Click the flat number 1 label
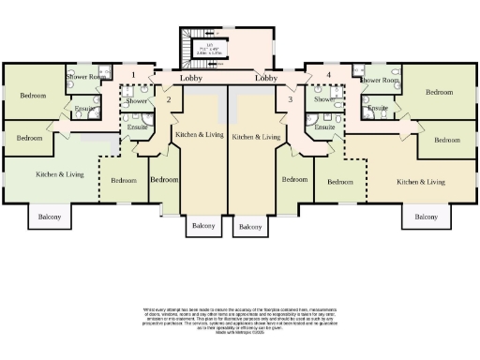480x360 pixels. (x=134, y=74)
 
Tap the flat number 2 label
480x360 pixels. (x=168, y=98)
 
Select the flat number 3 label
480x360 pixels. (x=291, y=98)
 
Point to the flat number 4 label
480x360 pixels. (x=328, y=74)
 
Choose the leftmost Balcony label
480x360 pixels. (x=50, y=217)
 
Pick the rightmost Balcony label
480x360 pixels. (x=425, y=217)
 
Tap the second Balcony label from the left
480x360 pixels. (x=202, y=226)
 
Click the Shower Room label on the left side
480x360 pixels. (x=86, y=78)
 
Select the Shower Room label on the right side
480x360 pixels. (x=379, y=81)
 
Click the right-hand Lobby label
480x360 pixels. (x=268, y=79)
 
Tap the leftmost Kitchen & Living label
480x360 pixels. (x=59, y=174)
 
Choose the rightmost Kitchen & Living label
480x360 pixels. (x=420, y=182)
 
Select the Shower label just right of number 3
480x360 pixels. (x=324, y=99)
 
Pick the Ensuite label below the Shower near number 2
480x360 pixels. (x=138, y=127)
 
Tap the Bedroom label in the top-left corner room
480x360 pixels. (x=34, y=96)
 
